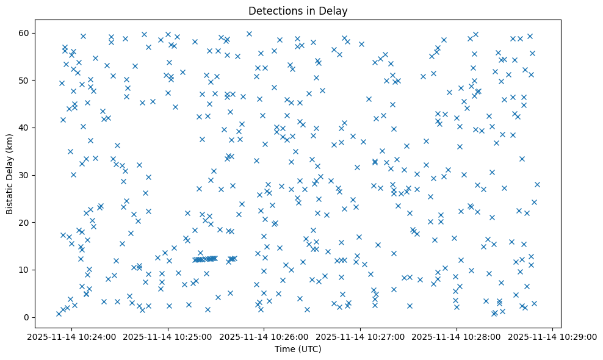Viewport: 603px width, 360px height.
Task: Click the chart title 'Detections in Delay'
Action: point(298,11)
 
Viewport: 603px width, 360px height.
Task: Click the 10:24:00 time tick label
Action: point(71,336)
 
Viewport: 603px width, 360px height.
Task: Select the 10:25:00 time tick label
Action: point(167,336)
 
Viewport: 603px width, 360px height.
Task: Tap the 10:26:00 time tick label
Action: point(264,336)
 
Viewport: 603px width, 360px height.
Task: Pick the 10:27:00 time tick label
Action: point(360,336)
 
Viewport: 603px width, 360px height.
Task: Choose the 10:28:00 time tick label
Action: point(457,336)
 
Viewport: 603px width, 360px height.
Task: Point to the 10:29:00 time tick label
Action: point(553,336)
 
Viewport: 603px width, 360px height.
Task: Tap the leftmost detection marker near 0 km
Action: point(59,314)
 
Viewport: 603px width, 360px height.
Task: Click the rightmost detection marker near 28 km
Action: point(537,184)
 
